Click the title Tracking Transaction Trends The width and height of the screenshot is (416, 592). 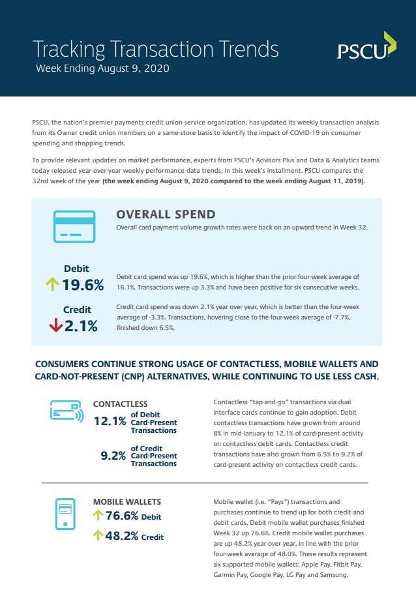click(156, 50)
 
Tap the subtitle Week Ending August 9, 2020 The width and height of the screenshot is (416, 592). click(102, 68)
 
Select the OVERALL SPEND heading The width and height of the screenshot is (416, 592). click(166, 215)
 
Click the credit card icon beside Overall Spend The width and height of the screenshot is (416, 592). click(74, 226)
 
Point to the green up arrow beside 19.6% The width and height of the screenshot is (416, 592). click(52, 284)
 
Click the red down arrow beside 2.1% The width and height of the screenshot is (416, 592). click(56, 325)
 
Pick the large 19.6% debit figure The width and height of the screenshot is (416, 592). click(83, 285)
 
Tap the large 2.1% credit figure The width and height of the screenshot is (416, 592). click(81, 326)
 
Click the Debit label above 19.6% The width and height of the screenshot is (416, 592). click(77, 269)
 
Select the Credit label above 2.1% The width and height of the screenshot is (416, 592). click(78, 310)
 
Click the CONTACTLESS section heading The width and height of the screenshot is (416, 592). click(121, 404)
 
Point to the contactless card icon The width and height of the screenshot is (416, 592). click(67, 411)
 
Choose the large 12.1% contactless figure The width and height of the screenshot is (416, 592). click(110, 421)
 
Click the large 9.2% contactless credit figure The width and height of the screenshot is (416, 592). click(113, 456)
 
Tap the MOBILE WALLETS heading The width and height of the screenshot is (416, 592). click(127, 502)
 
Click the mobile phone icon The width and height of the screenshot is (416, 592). click(65, 514)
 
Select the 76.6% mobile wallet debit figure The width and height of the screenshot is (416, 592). click(122, 515)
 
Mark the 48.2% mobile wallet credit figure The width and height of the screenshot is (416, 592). click(122, 536)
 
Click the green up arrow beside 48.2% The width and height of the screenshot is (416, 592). click(98, 535)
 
